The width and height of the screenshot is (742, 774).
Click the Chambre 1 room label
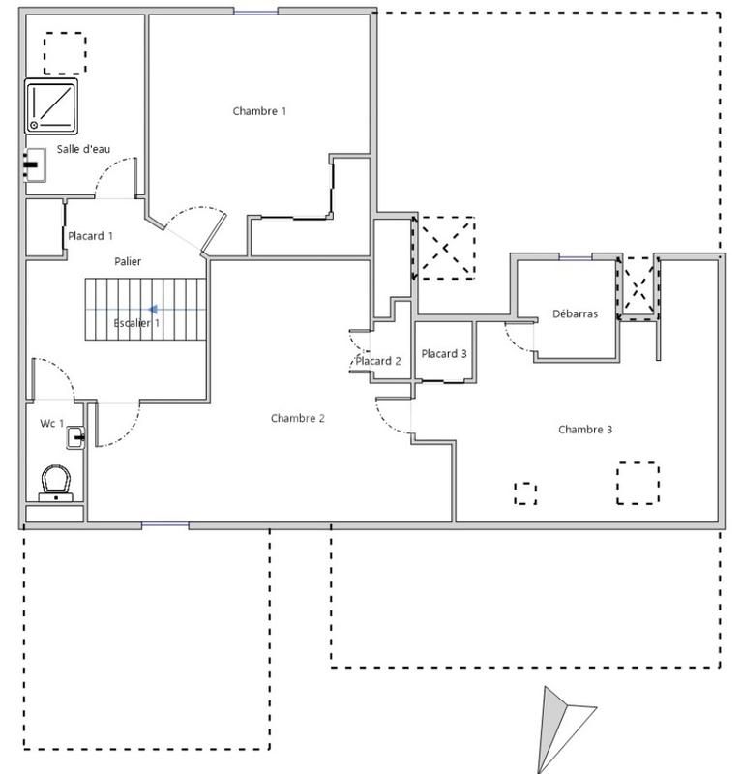[x=259, y=111]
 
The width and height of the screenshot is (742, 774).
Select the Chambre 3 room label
[x=585, y=429]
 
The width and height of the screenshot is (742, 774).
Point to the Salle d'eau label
[x=84, y=148]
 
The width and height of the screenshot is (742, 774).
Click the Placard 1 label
[x=90, y=235]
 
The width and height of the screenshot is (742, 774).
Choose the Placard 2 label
[x=377, y=361]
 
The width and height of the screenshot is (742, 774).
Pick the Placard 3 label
[x=444, y=354]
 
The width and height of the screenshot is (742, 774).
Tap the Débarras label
[x=575, y=313]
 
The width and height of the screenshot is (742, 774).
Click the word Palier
[x=128, y=261]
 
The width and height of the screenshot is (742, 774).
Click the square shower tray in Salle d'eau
[x=51, y=105]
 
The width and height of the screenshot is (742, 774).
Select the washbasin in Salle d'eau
[x=36, y=164]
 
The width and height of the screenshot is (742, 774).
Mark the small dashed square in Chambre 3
[x=524, y=492]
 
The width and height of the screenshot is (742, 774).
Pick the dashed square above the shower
[x=66, y=52]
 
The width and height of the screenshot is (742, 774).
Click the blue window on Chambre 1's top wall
[x=256, y=12]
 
